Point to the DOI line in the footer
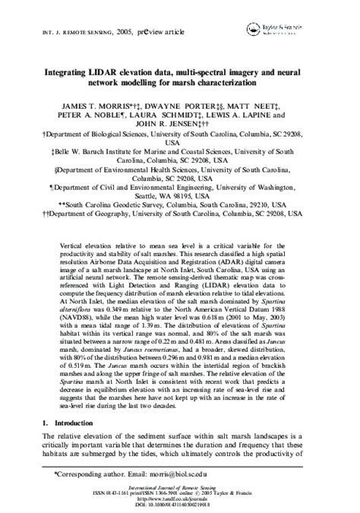click(x=180, y=504)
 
